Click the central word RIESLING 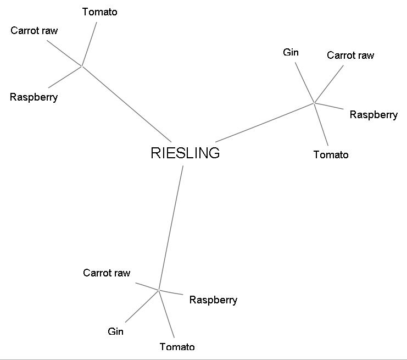point(185,153)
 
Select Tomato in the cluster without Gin point(99,12)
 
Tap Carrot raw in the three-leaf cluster point(34,30)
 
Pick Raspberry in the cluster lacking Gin point(34,97)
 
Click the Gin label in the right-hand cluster point(291,52)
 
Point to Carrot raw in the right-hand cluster point(350,55)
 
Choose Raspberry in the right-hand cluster point(373,115)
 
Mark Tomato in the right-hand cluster point(331,155)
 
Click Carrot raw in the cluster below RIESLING point(107,273)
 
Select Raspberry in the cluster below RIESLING point(213,300)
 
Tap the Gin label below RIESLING point(115,331)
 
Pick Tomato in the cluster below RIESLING point(177,347)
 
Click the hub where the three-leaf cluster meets point(82,66)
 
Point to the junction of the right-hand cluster point(314,102)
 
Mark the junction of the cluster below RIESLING point(159,290)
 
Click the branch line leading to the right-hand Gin point(305,82)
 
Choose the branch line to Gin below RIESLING point(142,306)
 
